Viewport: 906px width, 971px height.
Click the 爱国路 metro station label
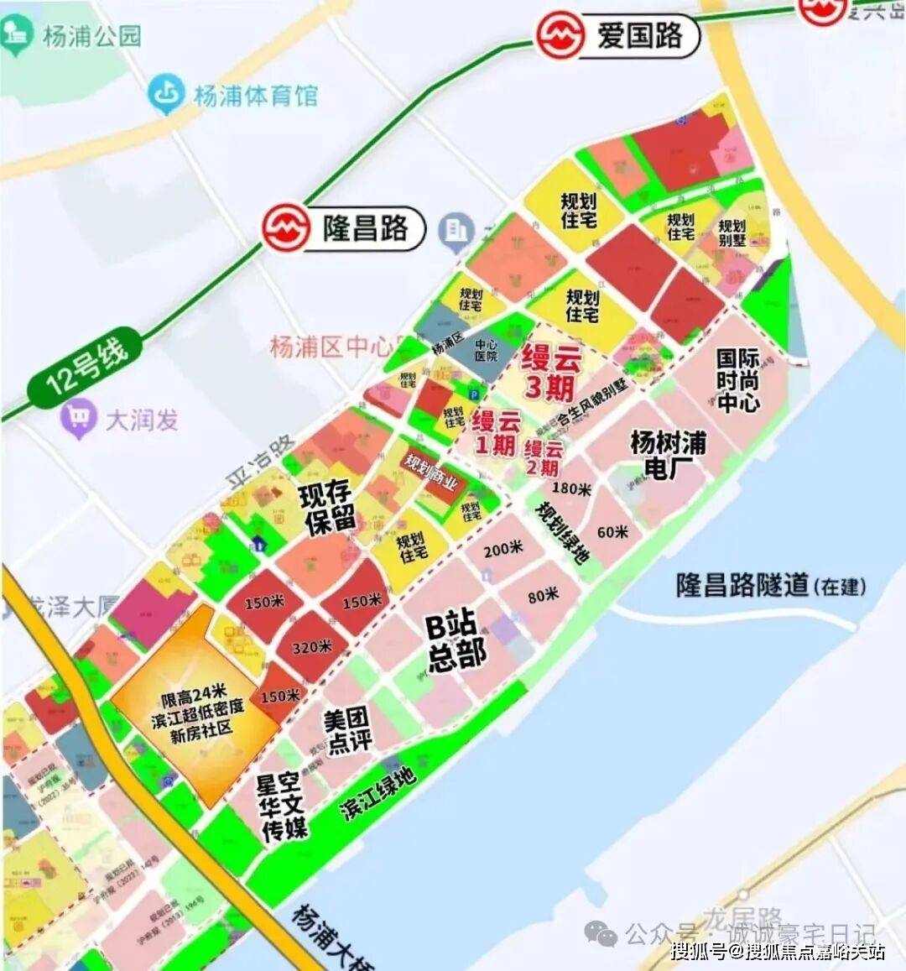click(639, 36)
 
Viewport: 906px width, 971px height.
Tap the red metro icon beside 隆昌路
click(285, 227)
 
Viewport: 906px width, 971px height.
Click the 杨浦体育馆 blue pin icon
click(166, 94)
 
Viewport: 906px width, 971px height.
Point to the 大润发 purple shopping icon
click(79, 419)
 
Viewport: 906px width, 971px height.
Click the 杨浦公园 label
click(91, 36)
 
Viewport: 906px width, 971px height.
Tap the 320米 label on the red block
click(312, 647)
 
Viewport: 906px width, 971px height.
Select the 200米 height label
click(502, 548)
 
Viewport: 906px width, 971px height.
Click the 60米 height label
click(612, 532)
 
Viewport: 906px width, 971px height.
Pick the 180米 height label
click(571, 488)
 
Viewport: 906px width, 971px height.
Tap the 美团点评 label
click(347, 730)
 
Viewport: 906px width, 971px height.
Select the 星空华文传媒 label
click(282, 807)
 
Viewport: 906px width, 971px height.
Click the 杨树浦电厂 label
click(668, 454)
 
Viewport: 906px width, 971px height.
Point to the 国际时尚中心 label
click(737, 380)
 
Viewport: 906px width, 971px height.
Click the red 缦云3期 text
click(550, 371)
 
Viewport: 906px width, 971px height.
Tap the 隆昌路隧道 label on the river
click(742, 585)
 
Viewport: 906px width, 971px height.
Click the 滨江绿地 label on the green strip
click(377, 793)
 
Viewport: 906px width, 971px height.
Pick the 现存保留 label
click(328, 507)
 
